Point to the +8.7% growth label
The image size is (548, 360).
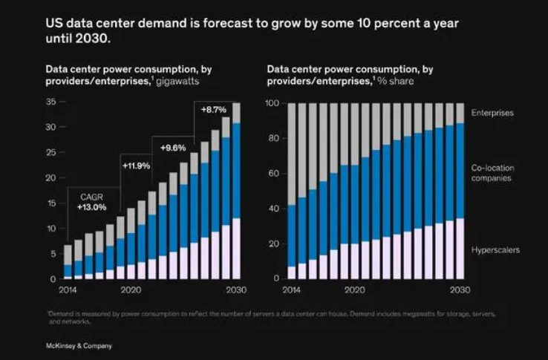pos(215,110)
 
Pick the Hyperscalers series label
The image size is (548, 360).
pos(495,249)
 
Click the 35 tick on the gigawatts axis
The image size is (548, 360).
pos(51,102)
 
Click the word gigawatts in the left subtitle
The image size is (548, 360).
pos(174,80)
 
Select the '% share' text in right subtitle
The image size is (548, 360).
pos(395,80)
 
